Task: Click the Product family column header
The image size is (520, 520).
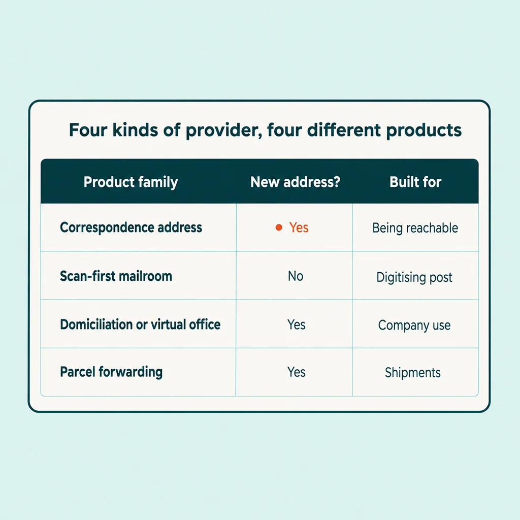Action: click(131, 182)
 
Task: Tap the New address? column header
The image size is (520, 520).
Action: click(295, 182)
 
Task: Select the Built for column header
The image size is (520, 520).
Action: click(415, 182)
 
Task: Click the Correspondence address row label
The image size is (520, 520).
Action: click(131, 228)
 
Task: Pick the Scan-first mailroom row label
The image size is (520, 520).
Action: click(116, 276)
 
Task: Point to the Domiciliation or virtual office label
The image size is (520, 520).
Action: click(140, 324)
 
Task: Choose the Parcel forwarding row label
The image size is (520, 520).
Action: click(111, 372)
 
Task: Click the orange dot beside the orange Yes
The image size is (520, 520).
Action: click(279, 227)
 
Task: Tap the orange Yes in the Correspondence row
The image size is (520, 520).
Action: click(299, 227)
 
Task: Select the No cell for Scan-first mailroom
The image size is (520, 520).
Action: click(296, 276)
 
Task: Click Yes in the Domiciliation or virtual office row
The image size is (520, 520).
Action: click(296, 324)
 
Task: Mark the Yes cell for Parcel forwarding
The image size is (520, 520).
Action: click(296, 372)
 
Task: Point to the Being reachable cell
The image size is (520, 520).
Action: click(415, 228)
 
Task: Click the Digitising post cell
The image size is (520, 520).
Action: click(414, 277)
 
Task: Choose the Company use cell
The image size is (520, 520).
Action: click(414, 326)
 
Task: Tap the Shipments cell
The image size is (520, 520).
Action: click(412, 373)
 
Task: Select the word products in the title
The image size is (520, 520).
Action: click(424, 131)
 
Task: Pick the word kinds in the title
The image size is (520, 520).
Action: click(135, 129)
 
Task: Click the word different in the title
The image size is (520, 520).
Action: click(343, 129)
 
